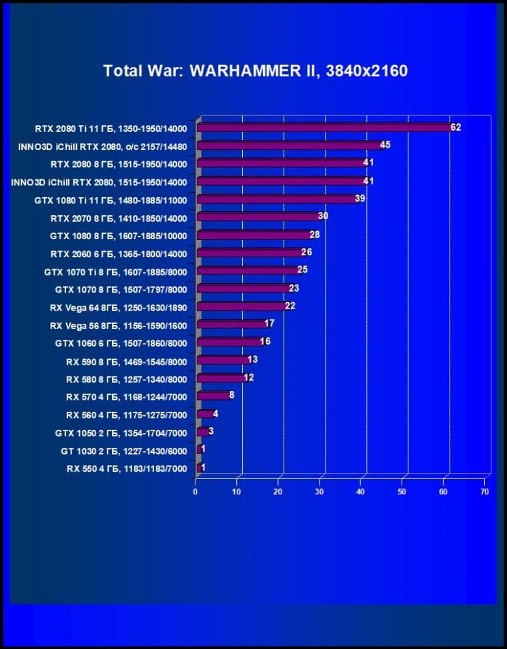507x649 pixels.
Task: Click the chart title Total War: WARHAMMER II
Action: [255, 71]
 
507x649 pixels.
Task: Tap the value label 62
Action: [456, 127]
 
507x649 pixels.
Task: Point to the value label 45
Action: [385, 145]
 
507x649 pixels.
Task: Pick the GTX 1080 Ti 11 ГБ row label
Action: [111, 200]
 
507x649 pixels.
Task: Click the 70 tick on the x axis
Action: [484, 492]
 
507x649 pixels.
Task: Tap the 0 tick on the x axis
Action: [195, 492]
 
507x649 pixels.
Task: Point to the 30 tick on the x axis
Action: [320, 492]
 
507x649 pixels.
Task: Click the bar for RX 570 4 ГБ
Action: [213, 396]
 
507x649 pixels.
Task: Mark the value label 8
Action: [231, 395]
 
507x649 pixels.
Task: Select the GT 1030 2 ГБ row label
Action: [123, 451]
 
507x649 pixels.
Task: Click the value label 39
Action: [360, 199]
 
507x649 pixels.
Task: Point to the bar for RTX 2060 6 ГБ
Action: [249, 253]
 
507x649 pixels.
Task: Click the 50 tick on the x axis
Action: [402, 492]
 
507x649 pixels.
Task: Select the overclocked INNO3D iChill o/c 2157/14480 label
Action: [103, 146]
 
